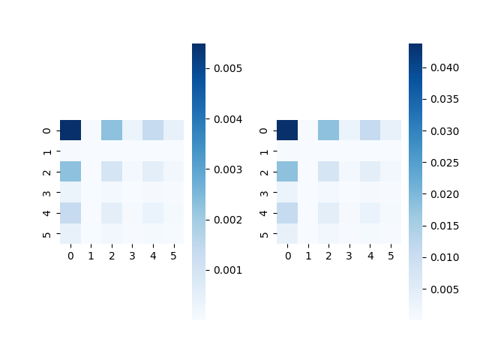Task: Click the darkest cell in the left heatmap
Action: point(70,130)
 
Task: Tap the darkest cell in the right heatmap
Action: point(287,130)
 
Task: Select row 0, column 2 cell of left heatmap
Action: point(112,130)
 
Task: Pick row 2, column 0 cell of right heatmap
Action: point(287,171)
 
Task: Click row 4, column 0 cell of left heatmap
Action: point(70,212)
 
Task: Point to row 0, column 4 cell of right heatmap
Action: point(370,130)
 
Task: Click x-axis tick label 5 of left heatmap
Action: point(173,256)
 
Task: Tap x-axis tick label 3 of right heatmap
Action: point(349,256)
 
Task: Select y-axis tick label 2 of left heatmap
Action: point(47,171)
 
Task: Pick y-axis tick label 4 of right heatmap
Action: point(264,212)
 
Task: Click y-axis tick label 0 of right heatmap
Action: point(264,130)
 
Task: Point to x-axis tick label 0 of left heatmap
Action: point(70,256)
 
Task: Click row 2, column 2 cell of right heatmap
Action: point(328,171)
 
